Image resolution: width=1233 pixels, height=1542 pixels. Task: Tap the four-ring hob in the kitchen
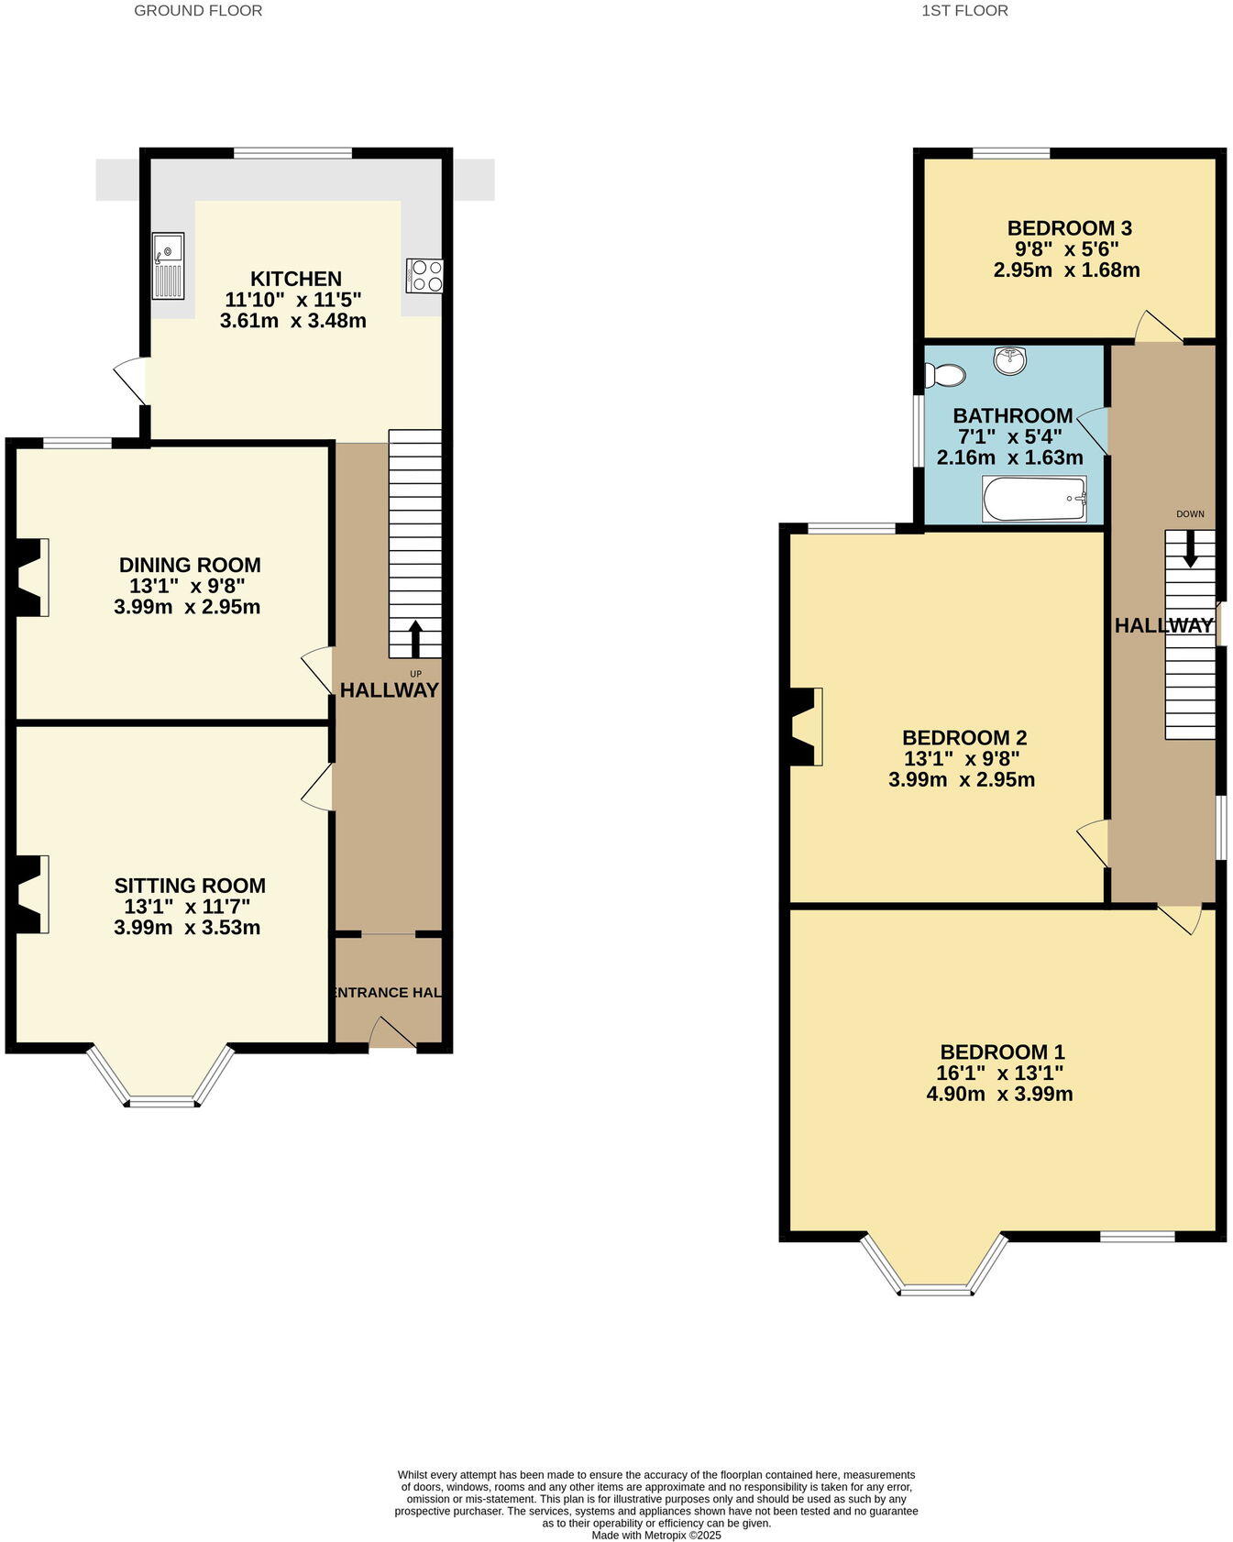424,276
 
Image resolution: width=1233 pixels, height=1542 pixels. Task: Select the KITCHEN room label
295,279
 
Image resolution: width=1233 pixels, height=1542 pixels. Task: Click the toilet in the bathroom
944,375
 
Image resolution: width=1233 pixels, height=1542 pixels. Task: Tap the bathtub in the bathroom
1034,500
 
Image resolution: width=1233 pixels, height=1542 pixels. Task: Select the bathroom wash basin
1010,359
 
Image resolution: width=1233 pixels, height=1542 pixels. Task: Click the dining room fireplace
28,578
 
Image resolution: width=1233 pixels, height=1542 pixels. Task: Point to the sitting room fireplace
28,895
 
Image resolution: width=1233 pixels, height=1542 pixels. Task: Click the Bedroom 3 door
1158,327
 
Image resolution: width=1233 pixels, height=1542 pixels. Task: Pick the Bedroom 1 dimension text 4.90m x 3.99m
999,1094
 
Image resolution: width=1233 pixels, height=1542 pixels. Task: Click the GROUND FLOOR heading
198,11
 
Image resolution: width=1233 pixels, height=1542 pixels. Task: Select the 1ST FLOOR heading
964,11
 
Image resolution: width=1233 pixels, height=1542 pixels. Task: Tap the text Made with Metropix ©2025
656,1535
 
